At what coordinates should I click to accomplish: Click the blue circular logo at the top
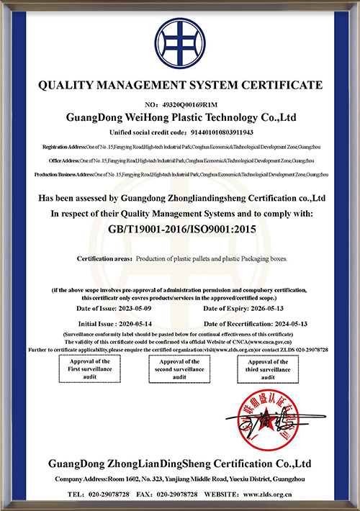pyautogui.click(x=180, y=41)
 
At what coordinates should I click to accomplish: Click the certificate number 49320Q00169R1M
pyautogui.click(x=190, y=105)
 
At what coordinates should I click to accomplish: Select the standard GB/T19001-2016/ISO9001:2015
pyautogui.click(x=180, y=228)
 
